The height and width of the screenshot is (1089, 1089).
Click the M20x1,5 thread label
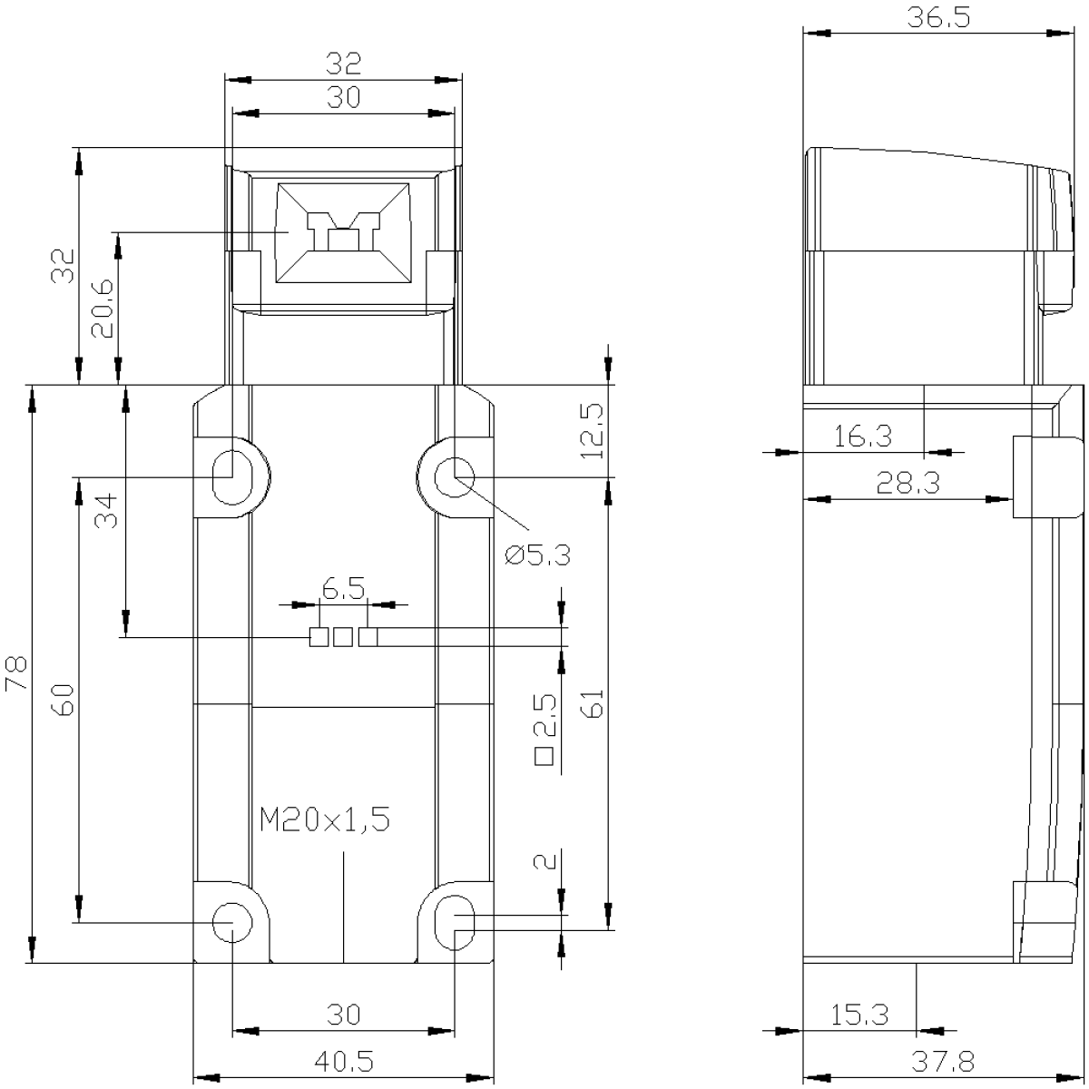point(325,819)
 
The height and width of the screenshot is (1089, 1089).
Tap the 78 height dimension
point(17,673)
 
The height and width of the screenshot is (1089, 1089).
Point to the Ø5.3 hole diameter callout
point(537,556)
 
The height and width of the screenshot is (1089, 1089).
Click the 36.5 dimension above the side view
point(938,17)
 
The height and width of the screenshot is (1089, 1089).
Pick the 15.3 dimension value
point(859,1015)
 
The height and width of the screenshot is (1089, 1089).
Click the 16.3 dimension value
point(863,437)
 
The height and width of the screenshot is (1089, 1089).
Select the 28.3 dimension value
point(908,483)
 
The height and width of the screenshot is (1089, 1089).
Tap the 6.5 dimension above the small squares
point(343,589)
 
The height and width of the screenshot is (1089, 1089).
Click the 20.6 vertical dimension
point(103,308)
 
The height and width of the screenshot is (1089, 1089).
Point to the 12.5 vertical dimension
point(593,431)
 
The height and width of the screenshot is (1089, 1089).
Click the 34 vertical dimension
point(105,511)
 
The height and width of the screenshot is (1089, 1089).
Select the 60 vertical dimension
point(65,701)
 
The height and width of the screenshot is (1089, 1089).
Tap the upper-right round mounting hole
point(455,477)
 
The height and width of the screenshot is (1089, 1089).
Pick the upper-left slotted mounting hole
point(232,477)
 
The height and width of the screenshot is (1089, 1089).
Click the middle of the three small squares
point(343,637)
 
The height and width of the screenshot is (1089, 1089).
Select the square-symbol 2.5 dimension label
point(545,730)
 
